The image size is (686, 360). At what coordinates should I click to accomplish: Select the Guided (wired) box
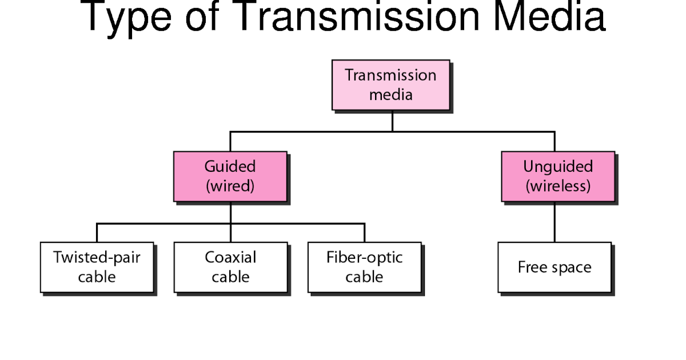pos(230,176)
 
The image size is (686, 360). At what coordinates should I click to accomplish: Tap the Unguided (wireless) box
pos(557,176)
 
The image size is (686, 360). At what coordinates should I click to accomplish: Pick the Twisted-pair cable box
pos(97,267)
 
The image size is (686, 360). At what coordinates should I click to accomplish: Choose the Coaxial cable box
pos(230,267)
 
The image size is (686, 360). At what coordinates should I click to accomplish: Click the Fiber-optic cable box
pos(364,267)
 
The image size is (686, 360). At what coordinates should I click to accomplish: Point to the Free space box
pos(554,267)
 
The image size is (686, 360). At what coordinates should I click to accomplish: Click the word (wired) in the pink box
pos(230,186)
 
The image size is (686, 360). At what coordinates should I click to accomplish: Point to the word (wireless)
pos(557,186)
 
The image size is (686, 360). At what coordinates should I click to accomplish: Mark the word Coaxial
pos(230,257)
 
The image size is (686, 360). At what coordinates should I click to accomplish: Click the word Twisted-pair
pos(97,257)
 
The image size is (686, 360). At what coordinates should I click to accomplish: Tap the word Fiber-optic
pos(364,257)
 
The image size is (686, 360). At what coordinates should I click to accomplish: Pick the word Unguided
pos(557,167)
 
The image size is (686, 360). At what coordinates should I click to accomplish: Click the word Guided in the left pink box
pos(230,167)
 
